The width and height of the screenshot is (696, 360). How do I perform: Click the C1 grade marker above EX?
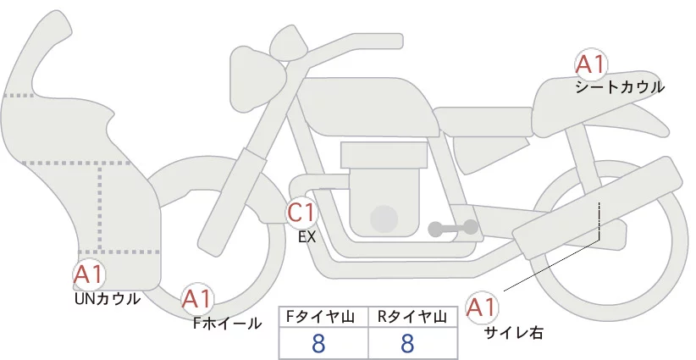[301, 213]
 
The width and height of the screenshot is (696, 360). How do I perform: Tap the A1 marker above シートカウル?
[590, 64]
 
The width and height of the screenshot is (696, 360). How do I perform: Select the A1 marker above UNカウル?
[89, 274]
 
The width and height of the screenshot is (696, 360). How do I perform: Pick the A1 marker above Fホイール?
[197, 299]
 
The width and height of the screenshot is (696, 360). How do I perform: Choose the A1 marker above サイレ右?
[482, 307]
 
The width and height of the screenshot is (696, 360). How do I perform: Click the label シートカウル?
[620, 87]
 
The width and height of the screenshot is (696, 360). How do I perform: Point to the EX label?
[307, 237]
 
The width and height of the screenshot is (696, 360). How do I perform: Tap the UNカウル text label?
[108, 299]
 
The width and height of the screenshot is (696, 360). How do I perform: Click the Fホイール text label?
[227, 324]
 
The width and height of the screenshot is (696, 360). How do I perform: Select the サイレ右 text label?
[514, 332]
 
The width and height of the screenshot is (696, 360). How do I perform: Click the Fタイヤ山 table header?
[320, 317]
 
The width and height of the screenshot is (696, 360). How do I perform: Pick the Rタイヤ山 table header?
[412, 317]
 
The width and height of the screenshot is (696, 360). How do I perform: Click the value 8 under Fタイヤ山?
[318, 343]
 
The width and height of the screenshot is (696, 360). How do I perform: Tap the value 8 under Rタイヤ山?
[407, 343]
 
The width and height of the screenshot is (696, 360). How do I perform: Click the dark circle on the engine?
[384, 219]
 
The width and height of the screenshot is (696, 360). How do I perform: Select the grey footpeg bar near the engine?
[453, 228]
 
